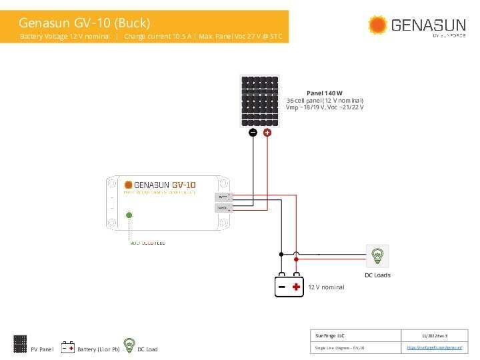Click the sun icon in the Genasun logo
point(377,25)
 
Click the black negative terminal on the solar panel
point(253,133)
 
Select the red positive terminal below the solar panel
point(267,133)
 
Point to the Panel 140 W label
point(324,93)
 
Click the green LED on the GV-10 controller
point(129,215)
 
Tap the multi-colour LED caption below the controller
point(147,243)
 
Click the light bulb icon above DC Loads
point(377,255)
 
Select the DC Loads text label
point(377,275)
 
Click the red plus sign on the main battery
point(296,287)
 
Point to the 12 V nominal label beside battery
point(326,287)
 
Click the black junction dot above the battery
point(281,254)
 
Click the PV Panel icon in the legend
point(20,343)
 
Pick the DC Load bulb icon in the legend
point(129,344)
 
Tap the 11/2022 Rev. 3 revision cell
point(434,335)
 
